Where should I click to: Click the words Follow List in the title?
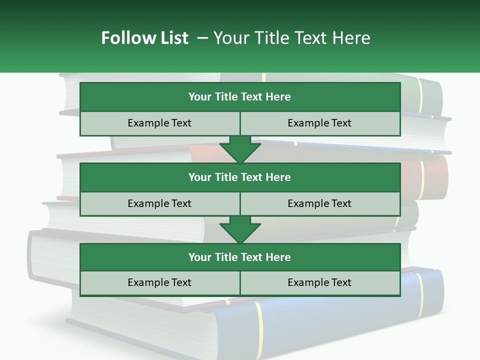[x=144, y=38]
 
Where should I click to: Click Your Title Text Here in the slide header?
[x=291, y=38]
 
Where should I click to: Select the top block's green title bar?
[x=240, y=97]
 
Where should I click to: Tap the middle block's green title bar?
[x=240, y=177]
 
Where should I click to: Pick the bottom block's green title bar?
[x=240, y=257]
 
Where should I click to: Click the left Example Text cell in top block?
[x=159, y=123]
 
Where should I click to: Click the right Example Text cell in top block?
[x=319, y=123]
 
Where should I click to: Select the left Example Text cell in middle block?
[x=159, y=203]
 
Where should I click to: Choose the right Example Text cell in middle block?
[x=319, y=203]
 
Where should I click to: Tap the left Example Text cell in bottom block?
[x=159, y=282]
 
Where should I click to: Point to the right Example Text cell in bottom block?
[x=319, y=282]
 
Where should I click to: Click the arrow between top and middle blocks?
[x=240, y=149]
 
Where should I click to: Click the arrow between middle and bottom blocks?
[x=240, y=229]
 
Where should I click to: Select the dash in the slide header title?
[x=202, y=38]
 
